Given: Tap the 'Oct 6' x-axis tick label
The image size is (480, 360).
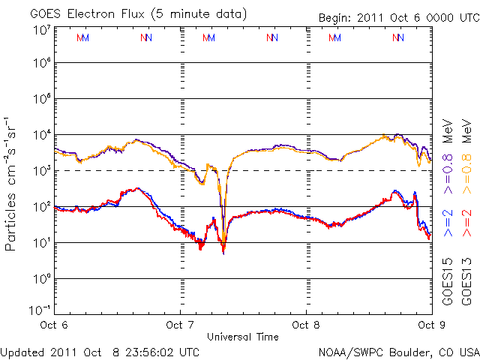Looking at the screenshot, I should click(53, 325).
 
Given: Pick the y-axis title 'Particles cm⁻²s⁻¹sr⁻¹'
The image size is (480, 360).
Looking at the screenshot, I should click(12, 183).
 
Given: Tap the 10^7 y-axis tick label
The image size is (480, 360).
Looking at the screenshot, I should click(42, 31).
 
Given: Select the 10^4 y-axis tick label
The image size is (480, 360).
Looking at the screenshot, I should click(42, 135).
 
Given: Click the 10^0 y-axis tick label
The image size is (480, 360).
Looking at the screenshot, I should click(42, 279).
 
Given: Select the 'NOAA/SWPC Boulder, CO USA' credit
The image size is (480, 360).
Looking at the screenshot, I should click(397, 351).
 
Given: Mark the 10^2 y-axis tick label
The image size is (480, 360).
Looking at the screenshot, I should click(42, 207).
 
